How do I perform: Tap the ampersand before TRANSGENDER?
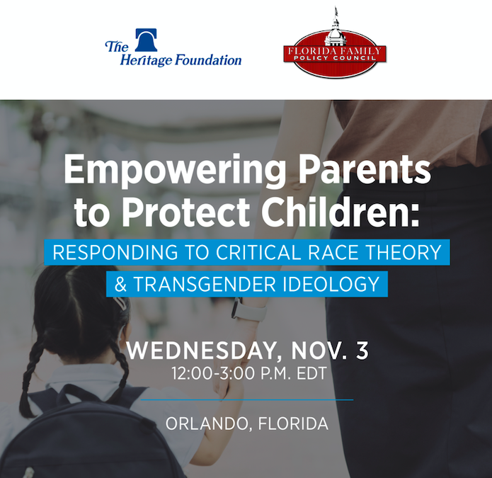[x=120, y=284]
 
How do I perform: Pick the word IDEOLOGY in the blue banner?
[x=332, y=284]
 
